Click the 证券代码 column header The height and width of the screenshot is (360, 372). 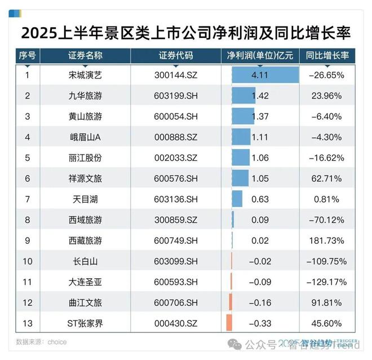176,56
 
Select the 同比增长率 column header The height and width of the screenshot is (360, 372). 327,56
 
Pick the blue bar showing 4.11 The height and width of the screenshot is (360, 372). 265,74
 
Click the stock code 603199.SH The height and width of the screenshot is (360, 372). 176,95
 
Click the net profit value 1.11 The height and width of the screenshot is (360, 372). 260,137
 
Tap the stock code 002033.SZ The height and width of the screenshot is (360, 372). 176,157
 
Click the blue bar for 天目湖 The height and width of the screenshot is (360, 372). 237,199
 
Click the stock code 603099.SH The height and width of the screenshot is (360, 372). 176,261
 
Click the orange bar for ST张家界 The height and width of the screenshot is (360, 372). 229,323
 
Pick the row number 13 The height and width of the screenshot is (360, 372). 27,323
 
